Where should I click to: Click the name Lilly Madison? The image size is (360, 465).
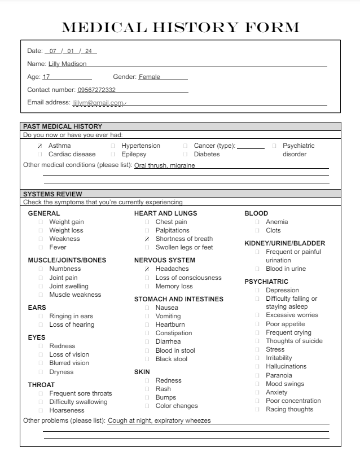[x=67, y=64]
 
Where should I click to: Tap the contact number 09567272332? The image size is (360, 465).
[x=96, y=90]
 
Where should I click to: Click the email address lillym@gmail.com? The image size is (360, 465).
[x=98, y=103]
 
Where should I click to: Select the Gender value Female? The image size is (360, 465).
[x=150, y=77]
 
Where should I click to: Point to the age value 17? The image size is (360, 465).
[x=46, y=77]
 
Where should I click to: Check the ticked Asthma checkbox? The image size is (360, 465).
[x=40, y=146]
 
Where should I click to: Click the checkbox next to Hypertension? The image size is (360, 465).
[x=113, y=146]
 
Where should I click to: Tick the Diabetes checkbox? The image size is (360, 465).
[x=186, y=155]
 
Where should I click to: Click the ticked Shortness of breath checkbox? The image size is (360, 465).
[x=147, y=239]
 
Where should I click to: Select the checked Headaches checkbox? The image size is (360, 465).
[x=147, y=269]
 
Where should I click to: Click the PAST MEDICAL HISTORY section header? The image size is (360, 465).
[x=63, y=126]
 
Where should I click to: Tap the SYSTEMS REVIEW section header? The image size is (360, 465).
[x=52, y=194]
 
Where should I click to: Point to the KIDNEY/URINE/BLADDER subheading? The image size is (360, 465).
[x=284, y=243]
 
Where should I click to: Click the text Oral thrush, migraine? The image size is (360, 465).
[x=168, y=165]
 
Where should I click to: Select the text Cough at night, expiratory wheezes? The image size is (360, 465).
[x=159, y=420]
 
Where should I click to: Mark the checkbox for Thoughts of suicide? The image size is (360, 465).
[x=258, y=341]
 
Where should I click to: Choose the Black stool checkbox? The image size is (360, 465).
[x=147, y=359]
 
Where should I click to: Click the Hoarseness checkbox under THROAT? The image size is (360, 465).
[x=41, y=411]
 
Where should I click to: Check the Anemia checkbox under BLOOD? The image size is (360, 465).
[x=258, y=222]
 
